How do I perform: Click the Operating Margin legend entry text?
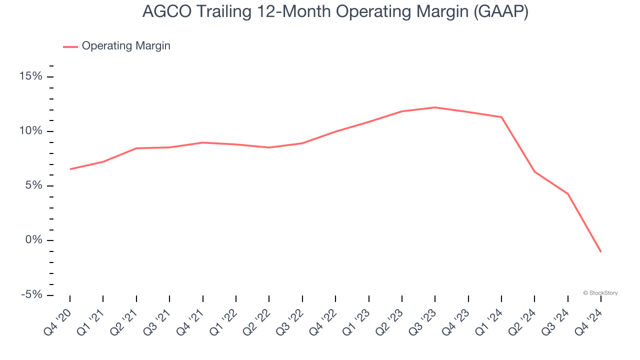126,46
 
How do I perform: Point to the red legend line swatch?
70,46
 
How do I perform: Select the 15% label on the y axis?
31,76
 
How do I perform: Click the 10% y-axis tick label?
31,131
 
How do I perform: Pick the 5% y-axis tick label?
33,185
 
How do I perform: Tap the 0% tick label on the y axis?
33,240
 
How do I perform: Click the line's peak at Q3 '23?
435,107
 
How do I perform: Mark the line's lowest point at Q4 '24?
600,251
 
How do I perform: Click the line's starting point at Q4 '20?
70,169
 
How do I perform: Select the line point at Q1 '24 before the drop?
501,117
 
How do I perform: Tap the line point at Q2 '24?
534,171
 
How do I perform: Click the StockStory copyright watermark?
600,293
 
